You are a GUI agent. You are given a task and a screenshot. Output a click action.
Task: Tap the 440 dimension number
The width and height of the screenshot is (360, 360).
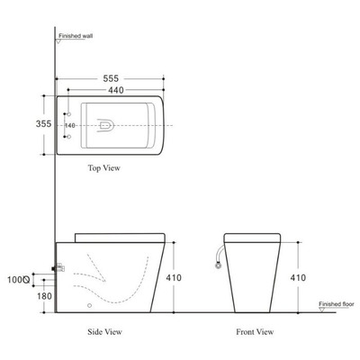(x=111, y=91)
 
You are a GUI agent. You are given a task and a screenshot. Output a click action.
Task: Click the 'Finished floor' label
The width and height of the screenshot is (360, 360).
(x=336, y=304)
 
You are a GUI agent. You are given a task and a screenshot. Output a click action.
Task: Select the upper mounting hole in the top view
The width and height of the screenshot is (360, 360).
(x=68, y=114)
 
